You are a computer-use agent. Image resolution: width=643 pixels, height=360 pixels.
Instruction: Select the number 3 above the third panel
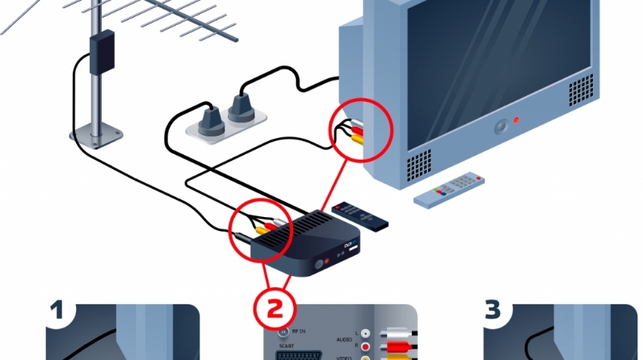[492, 310]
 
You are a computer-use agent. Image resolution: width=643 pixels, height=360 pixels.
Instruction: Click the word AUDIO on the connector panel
[343, 341]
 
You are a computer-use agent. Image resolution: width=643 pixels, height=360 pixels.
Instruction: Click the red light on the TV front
[517, 121]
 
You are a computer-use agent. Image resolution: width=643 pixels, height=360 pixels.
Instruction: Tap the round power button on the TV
[501, 126]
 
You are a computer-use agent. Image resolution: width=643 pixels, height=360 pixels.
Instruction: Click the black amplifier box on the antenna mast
[102, 51]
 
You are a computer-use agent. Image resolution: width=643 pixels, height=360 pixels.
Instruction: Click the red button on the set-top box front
[322, 263]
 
